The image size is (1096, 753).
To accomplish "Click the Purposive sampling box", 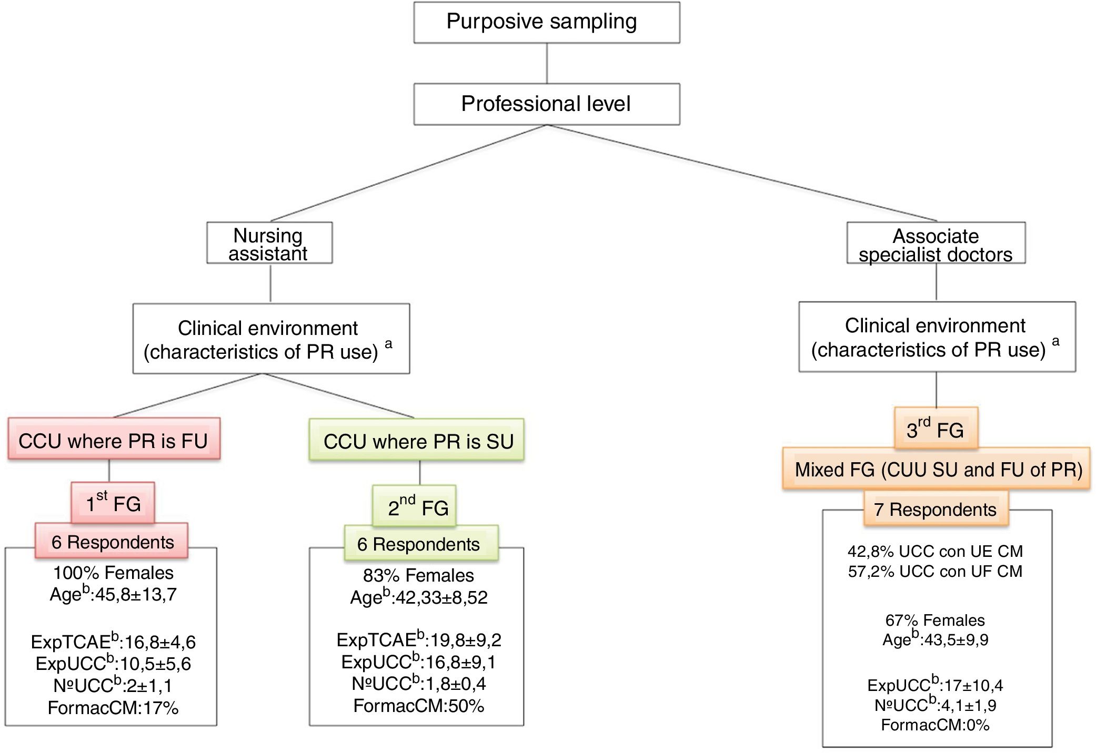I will (546, 22).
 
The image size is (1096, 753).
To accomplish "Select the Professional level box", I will (546, 104).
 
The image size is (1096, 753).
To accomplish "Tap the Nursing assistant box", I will (269, 243).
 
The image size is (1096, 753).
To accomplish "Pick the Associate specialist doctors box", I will (936, 243).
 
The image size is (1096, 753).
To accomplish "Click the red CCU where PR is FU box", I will (114, 439).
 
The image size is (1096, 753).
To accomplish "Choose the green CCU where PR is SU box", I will (417, 440).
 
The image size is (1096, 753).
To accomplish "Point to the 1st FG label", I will (113, 503).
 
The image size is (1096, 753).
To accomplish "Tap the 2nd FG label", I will (415, 506).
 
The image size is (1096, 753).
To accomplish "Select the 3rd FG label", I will (936, 429).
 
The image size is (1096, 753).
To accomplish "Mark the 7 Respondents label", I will (936, 509).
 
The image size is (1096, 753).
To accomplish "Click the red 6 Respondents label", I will (112, 541).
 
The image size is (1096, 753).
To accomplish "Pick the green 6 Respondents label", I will (419, 543).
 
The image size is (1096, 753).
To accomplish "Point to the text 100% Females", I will (113, 572).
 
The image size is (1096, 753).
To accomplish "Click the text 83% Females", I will (418, 575).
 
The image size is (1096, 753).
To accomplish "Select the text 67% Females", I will (935, 620).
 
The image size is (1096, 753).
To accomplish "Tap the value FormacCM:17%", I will (113, 708).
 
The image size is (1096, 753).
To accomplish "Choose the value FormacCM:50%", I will (418, 705).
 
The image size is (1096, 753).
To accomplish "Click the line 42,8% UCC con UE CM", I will (935, 551).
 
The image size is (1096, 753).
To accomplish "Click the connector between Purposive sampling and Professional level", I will (547, 63).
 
